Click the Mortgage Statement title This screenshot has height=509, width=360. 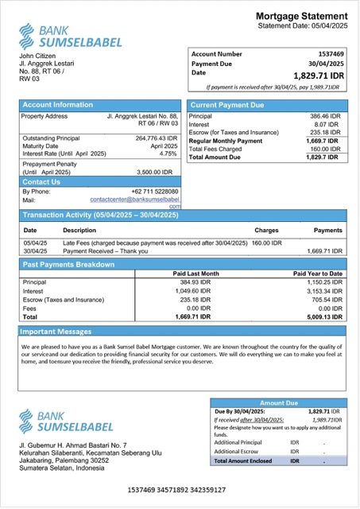point(301,17)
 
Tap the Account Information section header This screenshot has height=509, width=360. point(57,104)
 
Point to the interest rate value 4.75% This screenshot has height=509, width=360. point(163,153)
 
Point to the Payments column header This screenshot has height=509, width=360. point(327,230)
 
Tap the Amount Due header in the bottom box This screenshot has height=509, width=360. point(278,403)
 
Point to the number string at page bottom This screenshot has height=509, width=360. point(180,490)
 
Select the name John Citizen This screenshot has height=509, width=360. point(36,56)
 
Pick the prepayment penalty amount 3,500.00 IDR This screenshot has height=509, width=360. point(154,172)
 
